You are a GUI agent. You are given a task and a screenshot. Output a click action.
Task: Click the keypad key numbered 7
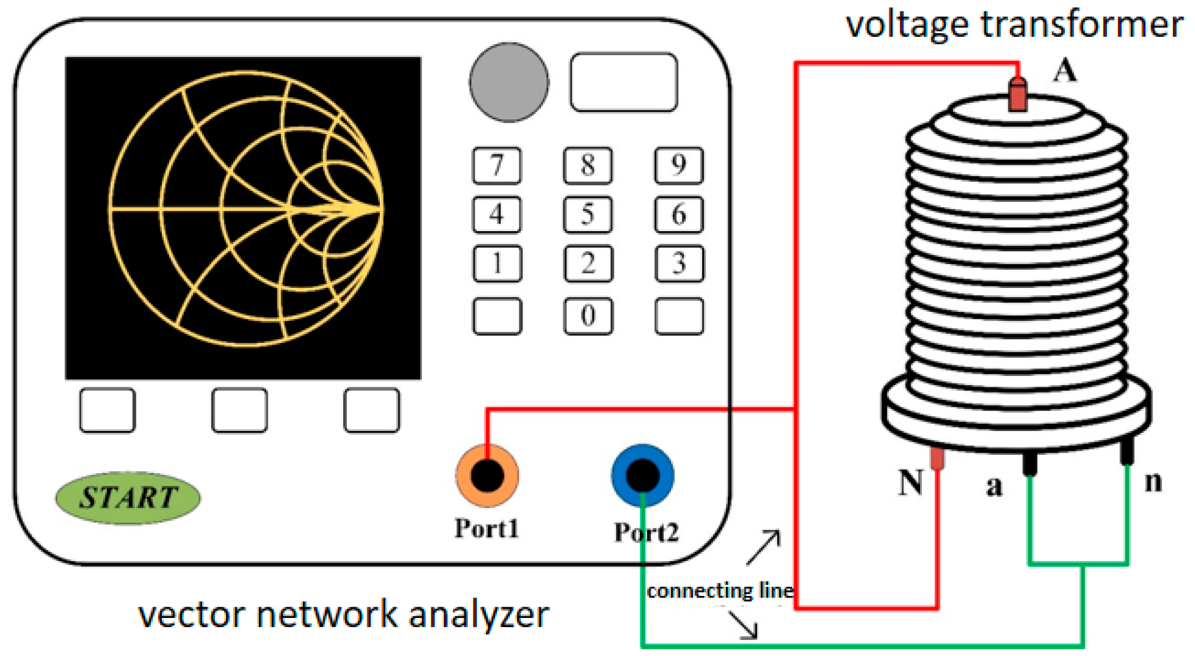(497, 165)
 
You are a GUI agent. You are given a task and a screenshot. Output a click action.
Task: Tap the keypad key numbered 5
(588, 215)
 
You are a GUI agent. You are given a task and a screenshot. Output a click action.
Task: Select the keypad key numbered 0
(588, 316)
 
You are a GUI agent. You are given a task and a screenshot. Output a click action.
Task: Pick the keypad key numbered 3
(679, 264)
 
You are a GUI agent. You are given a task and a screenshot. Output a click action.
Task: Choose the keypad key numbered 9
(679, 165)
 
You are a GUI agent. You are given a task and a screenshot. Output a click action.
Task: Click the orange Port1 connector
(487, 475)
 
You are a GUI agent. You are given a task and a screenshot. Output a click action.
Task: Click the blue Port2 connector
(643, 475)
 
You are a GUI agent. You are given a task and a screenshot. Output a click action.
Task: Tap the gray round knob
(509, 82)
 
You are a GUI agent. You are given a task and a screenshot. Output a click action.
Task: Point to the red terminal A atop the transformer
(1017, 94)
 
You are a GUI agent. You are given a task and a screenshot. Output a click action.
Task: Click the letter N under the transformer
(910, 483)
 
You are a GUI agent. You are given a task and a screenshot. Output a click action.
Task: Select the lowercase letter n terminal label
(1153, 482)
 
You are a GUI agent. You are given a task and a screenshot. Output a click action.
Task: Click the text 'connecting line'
(720, 591)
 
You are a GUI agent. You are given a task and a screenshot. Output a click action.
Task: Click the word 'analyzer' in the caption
(479, 615)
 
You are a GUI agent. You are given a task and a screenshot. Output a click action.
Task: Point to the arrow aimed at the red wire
(764, 547)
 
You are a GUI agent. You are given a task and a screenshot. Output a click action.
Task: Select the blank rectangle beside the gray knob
(623, 82)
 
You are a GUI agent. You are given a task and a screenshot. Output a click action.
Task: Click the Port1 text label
(487, 529)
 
